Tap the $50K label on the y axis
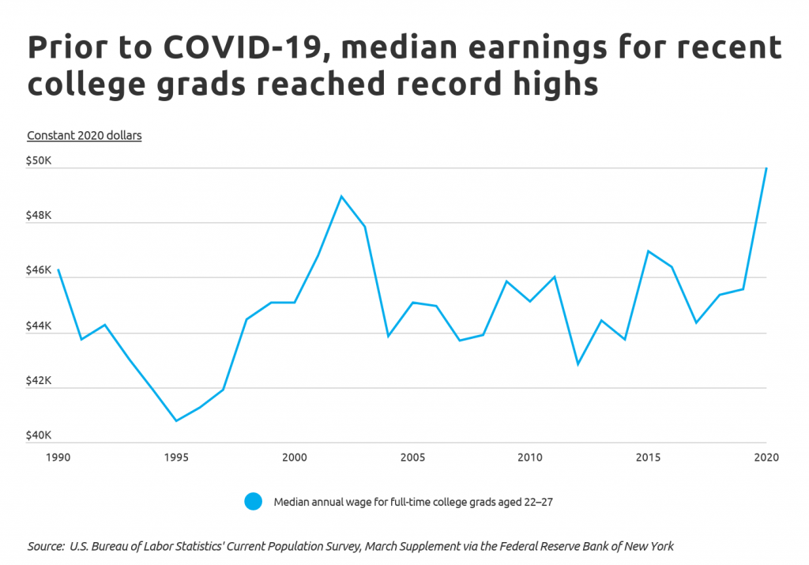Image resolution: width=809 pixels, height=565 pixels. tap(40, 160)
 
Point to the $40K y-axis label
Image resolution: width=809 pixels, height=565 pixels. tap(40, 435)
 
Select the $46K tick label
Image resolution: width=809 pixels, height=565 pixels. tap(40, 270)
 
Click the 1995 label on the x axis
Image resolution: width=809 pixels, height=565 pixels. tap(175, 458)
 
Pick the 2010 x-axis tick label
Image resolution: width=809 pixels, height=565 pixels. tap(529, 458)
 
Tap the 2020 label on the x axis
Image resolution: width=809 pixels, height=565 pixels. tap(765, 458)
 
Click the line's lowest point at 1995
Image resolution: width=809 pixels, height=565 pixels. tap(176, 420)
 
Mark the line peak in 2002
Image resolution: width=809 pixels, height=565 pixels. tap(341, 196)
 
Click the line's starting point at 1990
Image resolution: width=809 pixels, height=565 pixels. tap(58, 270)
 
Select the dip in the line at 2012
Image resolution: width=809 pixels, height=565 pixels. tap(578, 364)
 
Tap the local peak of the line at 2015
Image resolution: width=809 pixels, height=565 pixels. tap(649, 251)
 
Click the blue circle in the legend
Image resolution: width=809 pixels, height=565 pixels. tap(253, 502)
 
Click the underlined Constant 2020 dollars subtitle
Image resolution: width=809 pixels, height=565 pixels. tap(85, 135)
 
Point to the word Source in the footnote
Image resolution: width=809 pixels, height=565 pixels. tap(46, 546)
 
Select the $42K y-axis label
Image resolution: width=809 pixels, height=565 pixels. tap(40, 380)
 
